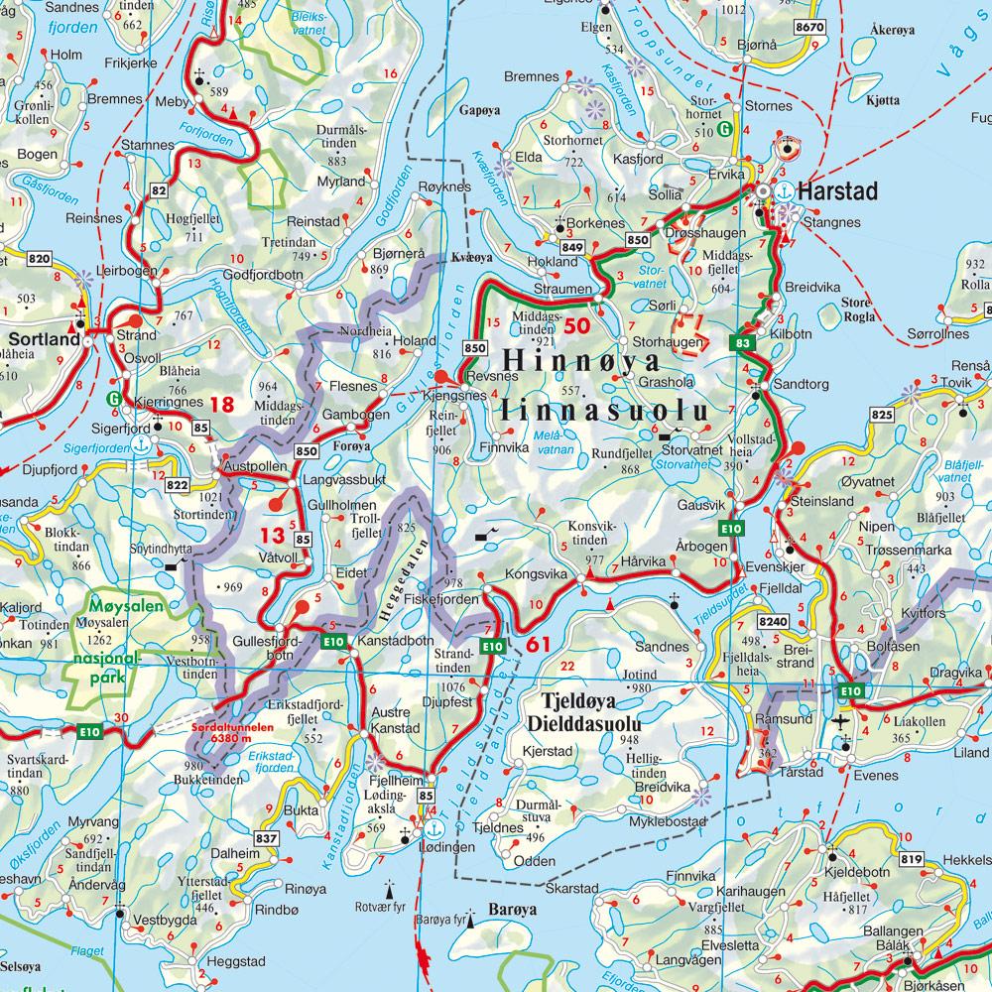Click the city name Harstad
point(837,190)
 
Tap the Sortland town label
point(43,339)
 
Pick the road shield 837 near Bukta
point(266,839)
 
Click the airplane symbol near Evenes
point(842,720)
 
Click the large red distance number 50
point(576,324)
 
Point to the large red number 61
point(539,645)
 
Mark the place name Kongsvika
point(535,574)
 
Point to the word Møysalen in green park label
point(103,604)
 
